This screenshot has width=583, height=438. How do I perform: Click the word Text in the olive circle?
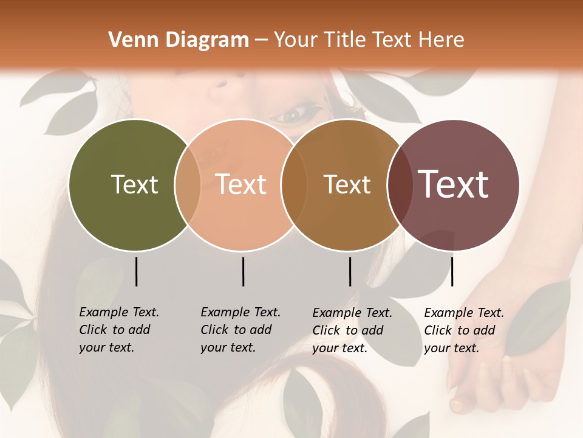134,184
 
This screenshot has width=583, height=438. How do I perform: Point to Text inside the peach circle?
241,184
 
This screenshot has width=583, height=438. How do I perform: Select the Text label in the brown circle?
347,184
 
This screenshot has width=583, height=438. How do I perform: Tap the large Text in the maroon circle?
454,184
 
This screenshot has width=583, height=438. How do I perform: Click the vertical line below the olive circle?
136,271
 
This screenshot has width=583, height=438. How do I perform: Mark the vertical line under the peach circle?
243,271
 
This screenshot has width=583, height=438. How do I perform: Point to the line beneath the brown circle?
350,271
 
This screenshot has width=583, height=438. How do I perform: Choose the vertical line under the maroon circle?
452,271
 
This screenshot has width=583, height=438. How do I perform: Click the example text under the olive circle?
119,330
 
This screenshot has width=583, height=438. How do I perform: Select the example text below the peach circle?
240,330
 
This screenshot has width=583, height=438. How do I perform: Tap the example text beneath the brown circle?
352,330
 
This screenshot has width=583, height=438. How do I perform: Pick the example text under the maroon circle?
464,330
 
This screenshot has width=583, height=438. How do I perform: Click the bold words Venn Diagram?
179,40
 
